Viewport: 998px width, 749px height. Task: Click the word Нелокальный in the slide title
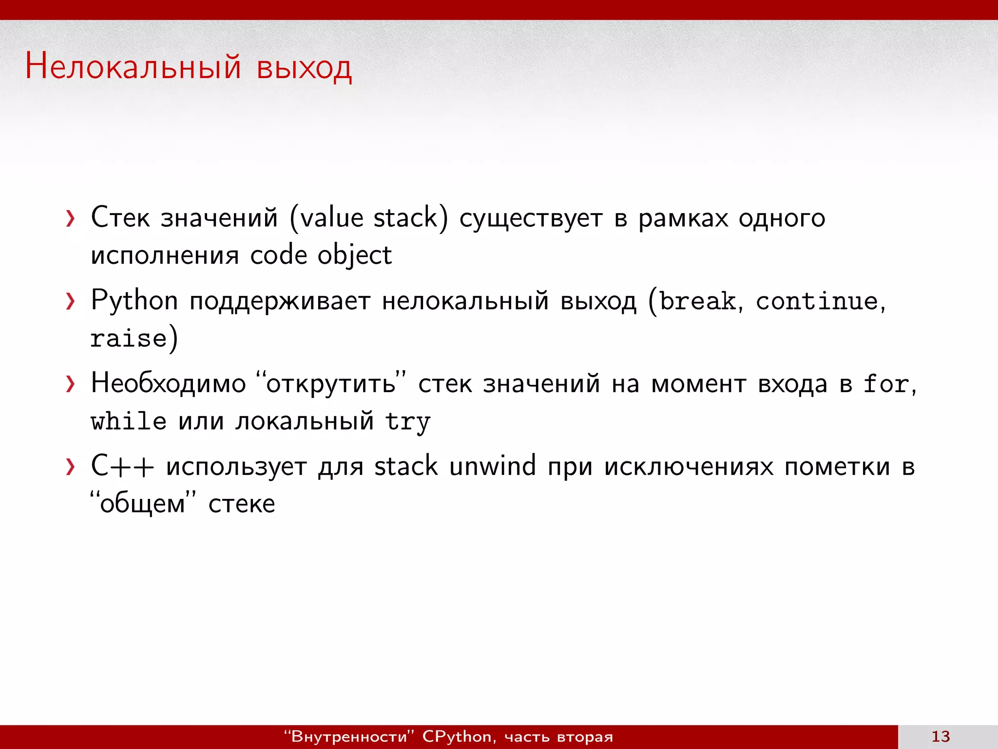pyautogui.click(x=133, y=66)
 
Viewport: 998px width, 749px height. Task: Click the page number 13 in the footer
pyautogui.click(x=940, y=736)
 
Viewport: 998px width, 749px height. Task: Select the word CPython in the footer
pyautogui.click(x=457, y=736)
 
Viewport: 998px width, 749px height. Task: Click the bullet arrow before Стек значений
pyautogui.click(x=71, y=218)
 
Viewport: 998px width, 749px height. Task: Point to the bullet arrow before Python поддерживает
pyautogui.click(x=71, y=301)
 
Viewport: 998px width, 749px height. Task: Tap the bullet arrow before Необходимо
pyautogui.click(x=71, y=384)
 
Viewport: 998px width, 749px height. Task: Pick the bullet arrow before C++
pyautogui.click(x=71, y=467)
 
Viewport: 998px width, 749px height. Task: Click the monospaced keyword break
pyautogui.click(x=697, y=301)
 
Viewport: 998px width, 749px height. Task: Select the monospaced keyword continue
pyautogui.click(x=817, y=301)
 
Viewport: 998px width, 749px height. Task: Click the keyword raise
pyautogui.click(x=129, y=338)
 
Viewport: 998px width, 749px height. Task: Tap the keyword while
pyautogui.click(x=129, y=421)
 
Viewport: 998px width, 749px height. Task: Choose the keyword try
pyautogui.click(x=407, y=422)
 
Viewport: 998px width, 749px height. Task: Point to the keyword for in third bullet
pyautogui.click(x=886, y=384)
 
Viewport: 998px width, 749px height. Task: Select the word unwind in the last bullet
pyautogui.click(x=492, y=466)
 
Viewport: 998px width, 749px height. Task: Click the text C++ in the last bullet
pyautogui.click(x=122, y=466)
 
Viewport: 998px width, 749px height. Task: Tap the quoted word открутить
pyautogui.click(x=331, y=384)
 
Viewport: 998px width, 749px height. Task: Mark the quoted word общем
pyautogui.click(x=142, y=504)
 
